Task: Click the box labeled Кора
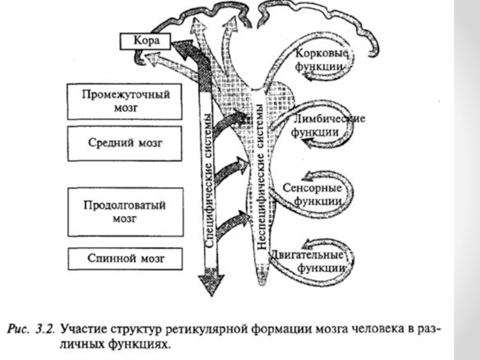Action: point(146,41)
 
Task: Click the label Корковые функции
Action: point(321,59)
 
